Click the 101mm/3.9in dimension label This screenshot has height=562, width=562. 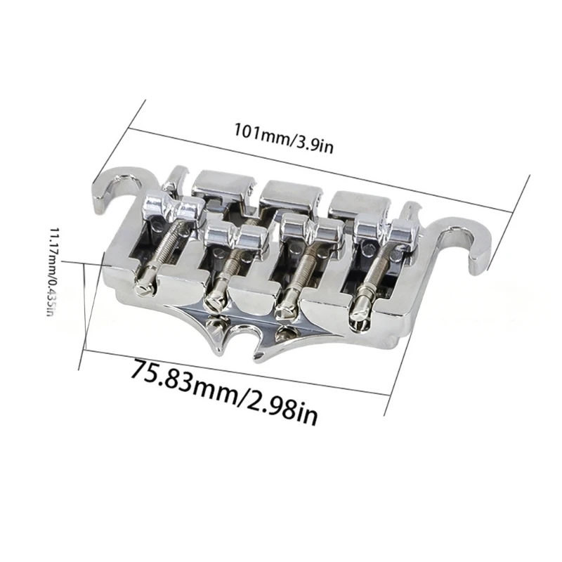coord(284,137)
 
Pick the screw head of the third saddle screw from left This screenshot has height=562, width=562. coord(286,309)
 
